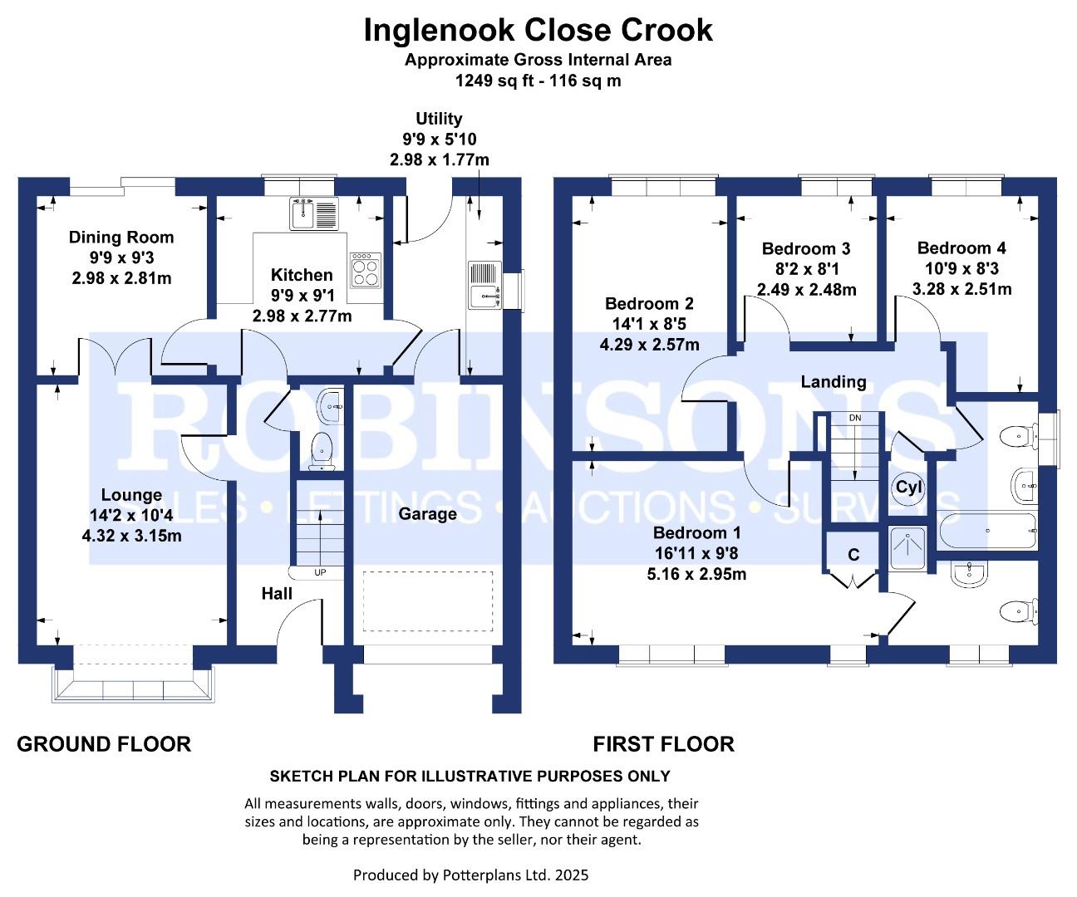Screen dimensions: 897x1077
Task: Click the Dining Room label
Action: (x=121, y=238)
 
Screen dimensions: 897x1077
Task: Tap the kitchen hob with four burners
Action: (x=364, y=269)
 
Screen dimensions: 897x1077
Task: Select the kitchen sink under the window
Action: (x=312, y=214)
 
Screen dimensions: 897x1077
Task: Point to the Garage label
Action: (x=427, y=514)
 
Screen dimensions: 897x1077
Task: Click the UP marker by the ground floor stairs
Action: (x=320, y=572)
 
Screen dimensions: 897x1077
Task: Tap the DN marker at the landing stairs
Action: (x=855, y=417)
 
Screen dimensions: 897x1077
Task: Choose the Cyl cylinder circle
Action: (x=909, y=488)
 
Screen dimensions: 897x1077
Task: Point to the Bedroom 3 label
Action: (x=806, y=248)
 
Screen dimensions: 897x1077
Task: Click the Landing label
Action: (x=834, y=382)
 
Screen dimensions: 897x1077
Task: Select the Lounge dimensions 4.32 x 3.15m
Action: (x=132, y=536)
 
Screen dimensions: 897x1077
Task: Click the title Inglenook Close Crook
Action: (x=538, y=31)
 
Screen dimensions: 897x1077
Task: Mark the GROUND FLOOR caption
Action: (x=104, y=744)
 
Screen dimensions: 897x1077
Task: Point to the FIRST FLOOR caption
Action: (x=663, y=744)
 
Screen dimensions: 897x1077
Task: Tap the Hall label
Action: (x=277, y=594)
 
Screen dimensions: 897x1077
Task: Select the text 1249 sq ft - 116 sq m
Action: (x=538, y=81)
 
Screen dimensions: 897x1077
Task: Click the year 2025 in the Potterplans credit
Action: (x=572, y=875)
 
